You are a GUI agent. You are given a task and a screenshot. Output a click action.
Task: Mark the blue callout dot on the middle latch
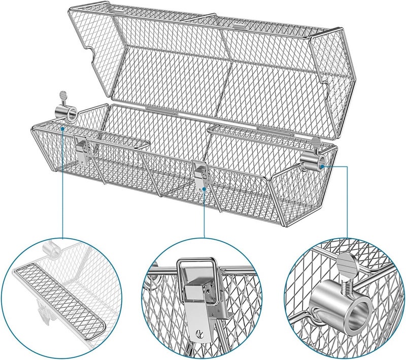(204, 189)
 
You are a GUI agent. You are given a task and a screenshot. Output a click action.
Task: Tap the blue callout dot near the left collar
(61, 128)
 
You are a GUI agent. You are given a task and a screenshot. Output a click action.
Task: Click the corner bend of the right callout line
(347, 164)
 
